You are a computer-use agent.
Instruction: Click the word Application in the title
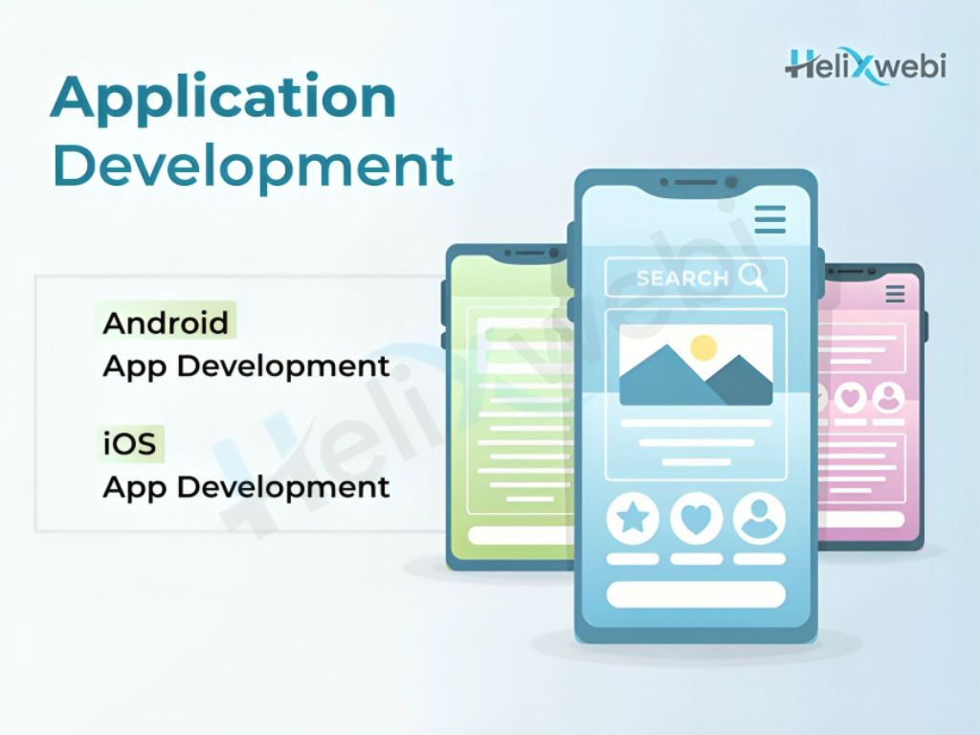point(223,100)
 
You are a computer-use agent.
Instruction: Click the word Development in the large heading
point(253,166)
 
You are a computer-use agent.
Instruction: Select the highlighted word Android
point(166,323)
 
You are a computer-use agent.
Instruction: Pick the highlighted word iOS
point(129,443)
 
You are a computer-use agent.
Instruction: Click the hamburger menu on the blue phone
point(770,219)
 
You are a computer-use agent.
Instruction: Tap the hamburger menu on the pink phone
point(895,293)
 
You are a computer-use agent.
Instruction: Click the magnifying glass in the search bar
point(752,277)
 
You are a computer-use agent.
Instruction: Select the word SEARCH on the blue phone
point(681,278)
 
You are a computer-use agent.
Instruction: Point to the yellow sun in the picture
point(703,347)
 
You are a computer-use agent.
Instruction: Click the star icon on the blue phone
point(633,518)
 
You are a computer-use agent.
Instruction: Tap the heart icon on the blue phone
point(697,518)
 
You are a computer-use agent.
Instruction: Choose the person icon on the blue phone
point(759,518)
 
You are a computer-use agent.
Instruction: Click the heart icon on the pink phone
point(851,397)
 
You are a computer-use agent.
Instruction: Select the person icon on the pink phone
point(888,397)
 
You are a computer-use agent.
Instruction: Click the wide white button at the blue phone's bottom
point(696,594)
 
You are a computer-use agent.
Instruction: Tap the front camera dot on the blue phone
point(730,183)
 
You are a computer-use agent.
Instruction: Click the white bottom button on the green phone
point(522,535)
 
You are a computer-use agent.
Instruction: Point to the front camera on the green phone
point(553,253)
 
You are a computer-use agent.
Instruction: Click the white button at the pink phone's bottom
point(861,519)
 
